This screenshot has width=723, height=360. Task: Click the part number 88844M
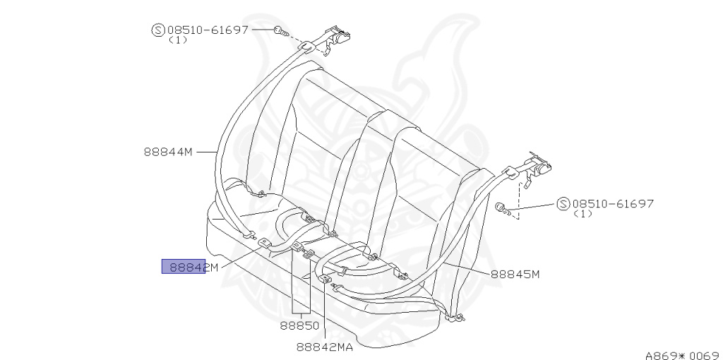point(168,152)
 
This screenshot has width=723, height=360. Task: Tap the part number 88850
point(299,325)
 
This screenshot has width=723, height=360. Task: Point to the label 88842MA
point(325,347)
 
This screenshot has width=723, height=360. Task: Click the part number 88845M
point(515,275)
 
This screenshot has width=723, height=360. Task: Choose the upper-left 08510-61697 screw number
point(208,30)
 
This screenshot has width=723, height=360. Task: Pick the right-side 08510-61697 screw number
point(613,204)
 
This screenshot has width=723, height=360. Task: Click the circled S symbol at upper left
point(158,30)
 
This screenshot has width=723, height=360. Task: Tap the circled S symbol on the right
point(563,204)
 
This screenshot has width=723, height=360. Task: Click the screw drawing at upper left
point(281,32)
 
